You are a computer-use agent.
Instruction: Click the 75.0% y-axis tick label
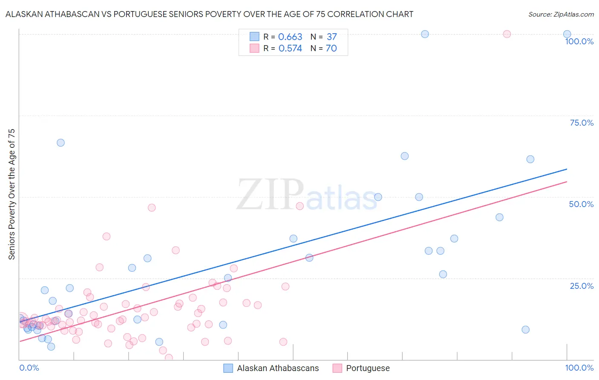click(x=582, y=123)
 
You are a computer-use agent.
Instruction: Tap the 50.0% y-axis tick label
click(x=581, y=204)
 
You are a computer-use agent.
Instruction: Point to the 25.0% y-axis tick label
click(x=582, y=286)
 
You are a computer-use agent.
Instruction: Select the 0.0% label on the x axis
click(x=29, y=368)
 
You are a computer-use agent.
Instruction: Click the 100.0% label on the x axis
click(x=579, y=368)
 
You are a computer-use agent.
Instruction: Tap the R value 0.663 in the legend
click(x=290, y=37)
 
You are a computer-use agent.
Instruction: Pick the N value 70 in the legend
click(x=331, y=49)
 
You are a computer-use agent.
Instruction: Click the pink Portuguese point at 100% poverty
click(x=507, y=34)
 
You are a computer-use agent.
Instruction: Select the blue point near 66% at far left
click(x=60, y=143)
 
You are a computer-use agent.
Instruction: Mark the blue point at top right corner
click(x=567, y=34)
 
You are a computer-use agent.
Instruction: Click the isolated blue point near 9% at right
click(x=525, y=330)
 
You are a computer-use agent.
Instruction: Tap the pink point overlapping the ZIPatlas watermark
click(x=299, y=206)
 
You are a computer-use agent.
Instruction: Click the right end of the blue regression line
click(x=567, y=169)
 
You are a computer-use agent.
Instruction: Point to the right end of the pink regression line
click(x=567, y=182)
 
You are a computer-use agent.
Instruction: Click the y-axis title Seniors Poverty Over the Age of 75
click(x=12, y=194)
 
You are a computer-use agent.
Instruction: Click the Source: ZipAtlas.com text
click(x=561, y=14)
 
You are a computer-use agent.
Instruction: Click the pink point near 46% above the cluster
click(x=152, y=208)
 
